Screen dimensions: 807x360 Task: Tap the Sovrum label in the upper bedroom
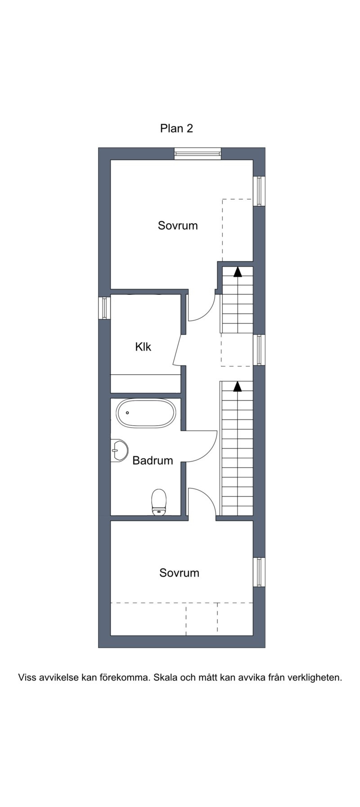point(178,225)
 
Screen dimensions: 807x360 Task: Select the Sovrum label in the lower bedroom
point(179,573)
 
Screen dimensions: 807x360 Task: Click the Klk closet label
point(143,347)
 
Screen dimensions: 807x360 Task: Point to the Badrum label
point(153,460)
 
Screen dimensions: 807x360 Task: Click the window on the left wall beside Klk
point(104,308)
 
